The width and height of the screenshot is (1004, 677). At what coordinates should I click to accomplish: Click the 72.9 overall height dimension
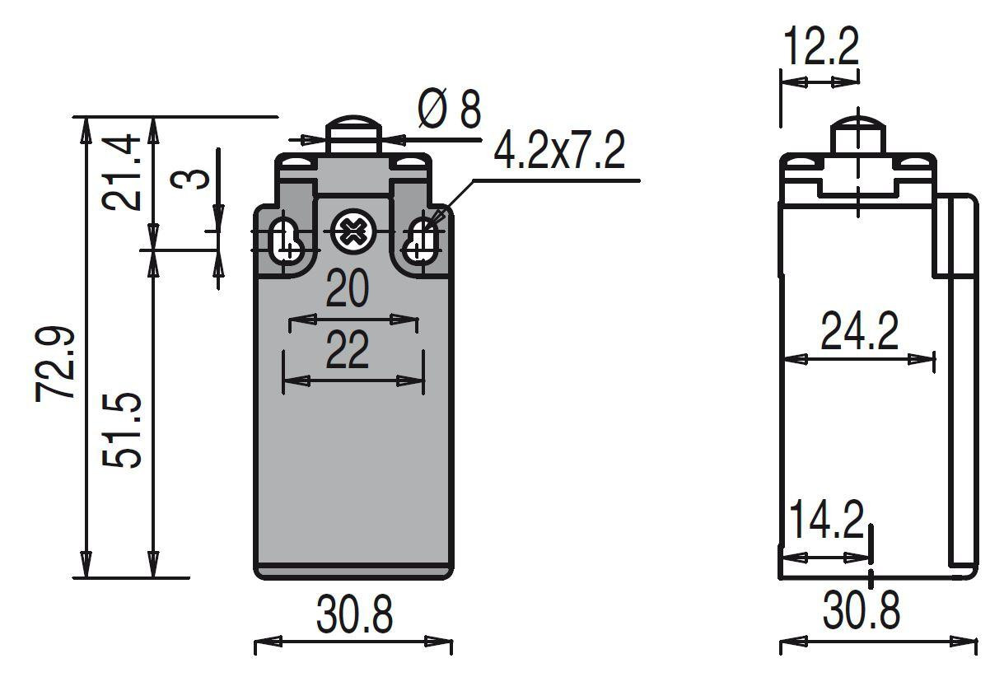(57, 363)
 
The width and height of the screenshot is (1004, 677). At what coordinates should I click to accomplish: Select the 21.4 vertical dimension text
(124, 173)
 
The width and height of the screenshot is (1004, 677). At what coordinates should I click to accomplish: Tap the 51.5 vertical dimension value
(124, 430)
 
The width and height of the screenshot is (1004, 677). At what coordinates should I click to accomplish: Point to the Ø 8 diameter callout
(449, 110)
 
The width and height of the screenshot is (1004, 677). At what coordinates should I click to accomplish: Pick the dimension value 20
(347, 289)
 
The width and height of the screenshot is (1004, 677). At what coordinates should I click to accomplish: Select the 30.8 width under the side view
(862, 611)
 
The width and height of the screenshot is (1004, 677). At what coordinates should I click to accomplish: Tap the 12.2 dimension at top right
(820, 47)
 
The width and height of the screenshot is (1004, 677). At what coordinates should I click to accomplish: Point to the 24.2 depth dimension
(859, 331)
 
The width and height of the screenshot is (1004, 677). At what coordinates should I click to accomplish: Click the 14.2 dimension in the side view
(825, 521)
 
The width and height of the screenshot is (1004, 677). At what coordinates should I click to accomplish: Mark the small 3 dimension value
(195, 178)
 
